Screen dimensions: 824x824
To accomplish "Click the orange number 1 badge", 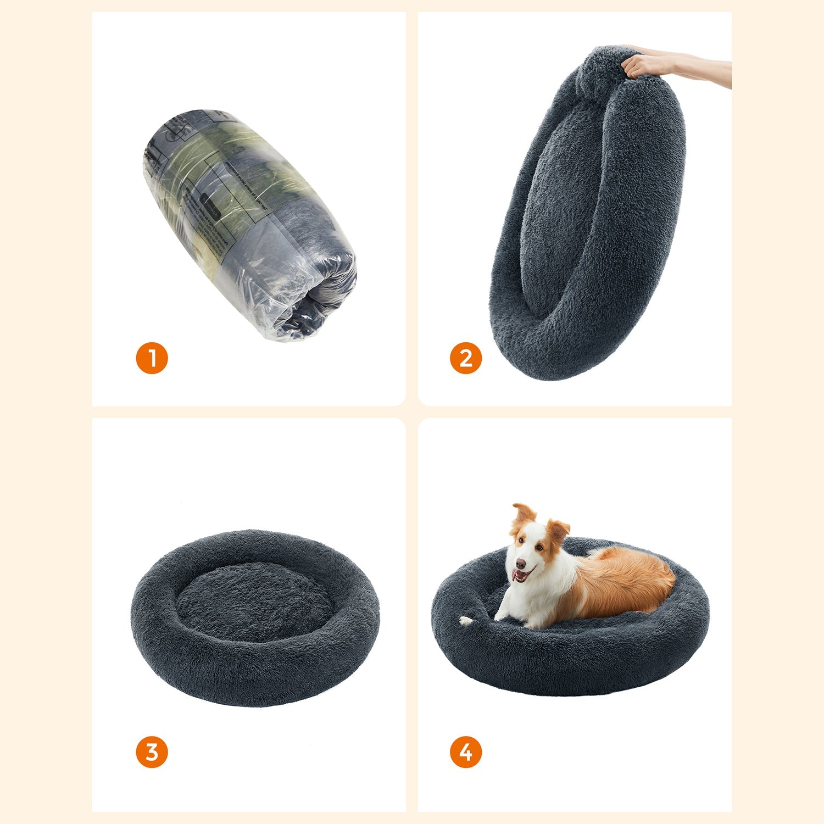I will coord(152,358).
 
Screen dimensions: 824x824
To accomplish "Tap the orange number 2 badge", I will coord(465,358).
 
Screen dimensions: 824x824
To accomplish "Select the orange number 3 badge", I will coord(152,752).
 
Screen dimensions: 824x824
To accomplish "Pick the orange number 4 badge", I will coord(465,752).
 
